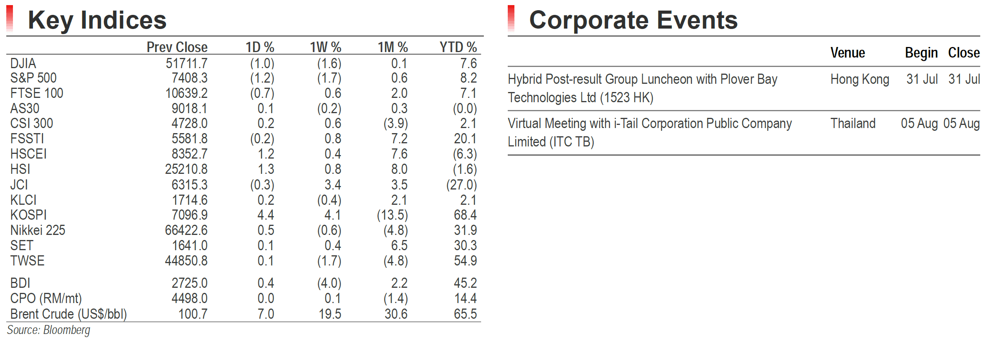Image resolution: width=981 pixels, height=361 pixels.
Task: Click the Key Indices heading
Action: coord(97,20)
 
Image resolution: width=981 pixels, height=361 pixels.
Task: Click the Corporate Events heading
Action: coord(633,20)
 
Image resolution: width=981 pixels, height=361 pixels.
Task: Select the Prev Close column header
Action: coord(177,47)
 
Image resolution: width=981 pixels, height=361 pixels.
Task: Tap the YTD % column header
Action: coord(458,47)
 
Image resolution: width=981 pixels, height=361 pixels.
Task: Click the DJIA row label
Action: coord(23,63)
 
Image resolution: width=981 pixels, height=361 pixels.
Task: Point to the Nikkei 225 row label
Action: coord(38,230)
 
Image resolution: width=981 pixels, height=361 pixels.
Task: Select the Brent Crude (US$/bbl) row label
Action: coord(69,314)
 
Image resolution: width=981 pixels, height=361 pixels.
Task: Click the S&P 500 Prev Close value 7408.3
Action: coord(189,78)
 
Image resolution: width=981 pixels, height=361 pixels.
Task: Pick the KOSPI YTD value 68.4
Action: coord(465,215)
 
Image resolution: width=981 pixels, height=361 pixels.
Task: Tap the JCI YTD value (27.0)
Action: coord(461,185)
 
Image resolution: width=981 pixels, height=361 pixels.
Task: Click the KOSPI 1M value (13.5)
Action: coord(392,215)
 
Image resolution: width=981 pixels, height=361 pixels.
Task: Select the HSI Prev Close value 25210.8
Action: coord(186,169)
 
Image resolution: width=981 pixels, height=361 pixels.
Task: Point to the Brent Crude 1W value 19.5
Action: coord(330,314)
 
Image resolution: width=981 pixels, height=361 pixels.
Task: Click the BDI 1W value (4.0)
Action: coord(329,283)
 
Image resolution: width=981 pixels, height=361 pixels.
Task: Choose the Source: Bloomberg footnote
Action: coord(49,330)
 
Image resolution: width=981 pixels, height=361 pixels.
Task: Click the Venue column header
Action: coord(848,53)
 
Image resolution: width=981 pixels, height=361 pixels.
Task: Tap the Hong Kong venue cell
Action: coord(860,79)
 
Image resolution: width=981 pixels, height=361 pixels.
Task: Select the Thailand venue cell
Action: coord(853,123)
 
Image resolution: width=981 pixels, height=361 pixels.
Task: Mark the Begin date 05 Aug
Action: coord(919,124)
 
